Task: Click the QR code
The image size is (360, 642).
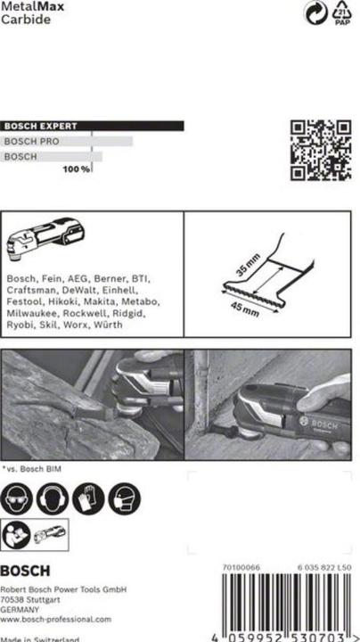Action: [x=321, y=149]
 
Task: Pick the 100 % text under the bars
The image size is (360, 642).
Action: [x=77, y=169]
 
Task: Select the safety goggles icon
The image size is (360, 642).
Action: [x=17, y=499]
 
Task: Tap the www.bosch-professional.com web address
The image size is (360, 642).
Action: [x=55, y=619]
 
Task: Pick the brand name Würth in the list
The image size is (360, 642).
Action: [x=110, y=325]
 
